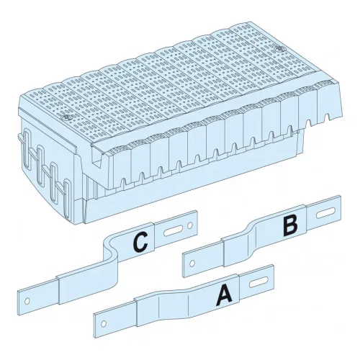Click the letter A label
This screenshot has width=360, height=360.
tap(224, 295)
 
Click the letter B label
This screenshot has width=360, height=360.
tap(290, 226)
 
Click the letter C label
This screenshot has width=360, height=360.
tap(140, 243)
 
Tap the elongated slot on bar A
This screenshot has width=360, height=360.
tap(258, 282)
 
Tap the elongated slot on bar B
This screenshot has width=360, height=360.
tap(325, 213)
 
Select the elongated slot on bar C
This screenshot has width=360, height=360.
tap(174, 230)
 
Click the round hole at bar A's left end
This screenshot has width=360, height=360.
tap(104, 324)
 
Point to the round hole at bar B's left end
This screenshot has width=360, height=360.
tap(192, 264)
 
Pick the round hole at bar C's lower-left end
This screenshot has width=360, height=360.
tap(27, 301)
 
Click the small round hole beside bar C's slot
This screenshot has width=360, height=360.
tap(190, 225)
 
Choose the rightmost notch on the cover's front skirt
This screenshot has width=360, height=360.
tap(327, 117)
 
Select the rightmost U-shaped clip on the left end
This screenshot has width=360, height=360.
tap(66, 197)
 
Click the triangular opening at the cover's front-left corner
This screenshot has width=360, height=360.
tap(97, 157)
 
